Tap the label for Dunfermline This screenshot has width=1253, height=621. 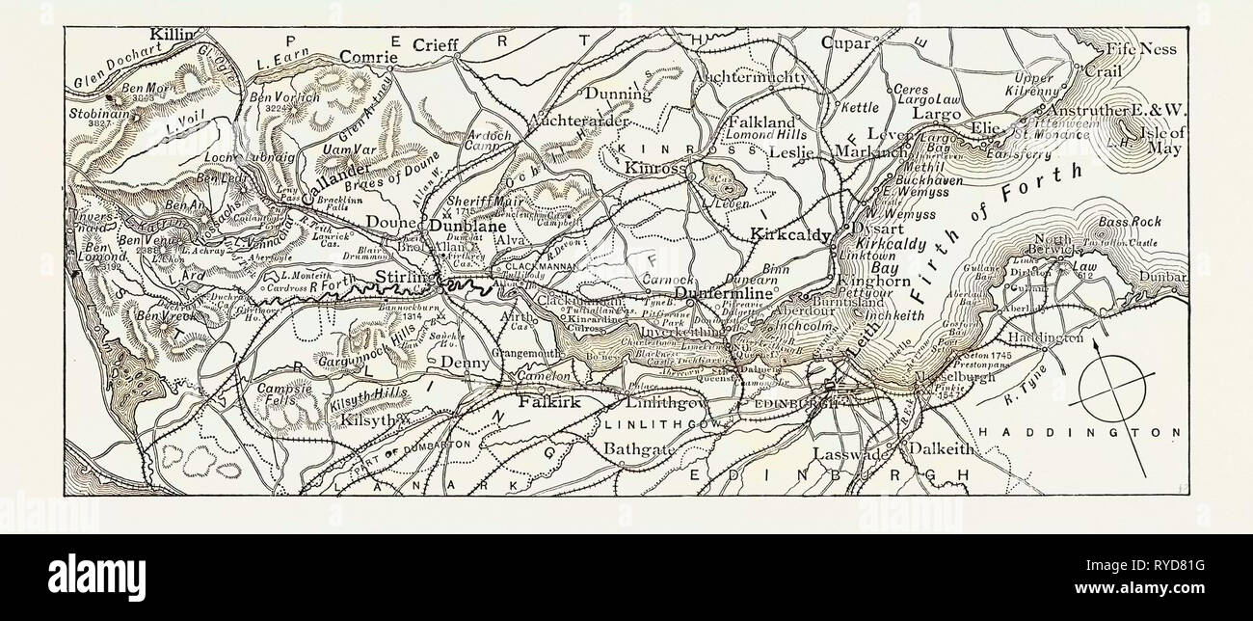tap(726, 292)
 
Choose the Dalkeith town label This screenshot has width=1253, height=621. tap(931, 448)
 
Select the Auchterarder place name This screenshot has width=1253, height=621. tap(579, 121)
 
